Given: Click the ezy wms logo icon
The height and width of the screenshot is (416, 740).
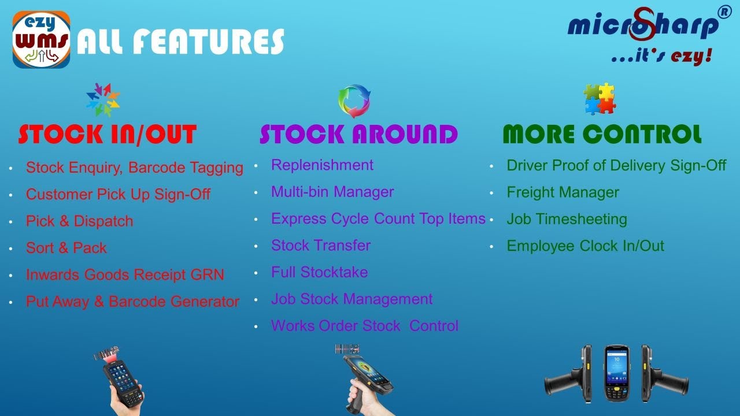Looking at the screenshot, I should tap(42, 40).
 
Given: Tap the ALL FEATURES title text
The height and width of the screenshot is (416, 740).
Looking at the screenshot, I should tap(180, 42).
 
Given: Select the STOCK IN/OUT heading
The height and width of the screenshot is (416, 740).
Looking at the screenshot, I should tap(108, 135).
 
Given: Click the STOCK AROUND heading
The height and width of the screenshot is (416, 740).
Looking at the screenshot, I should tap(358, 135).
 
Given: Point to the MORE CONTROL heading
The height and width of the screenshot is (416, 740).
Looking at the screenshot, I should tap(602, 135).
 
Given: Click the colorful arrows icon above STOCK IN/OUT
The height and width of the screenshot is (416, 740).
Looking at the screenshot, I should tap(103, 99).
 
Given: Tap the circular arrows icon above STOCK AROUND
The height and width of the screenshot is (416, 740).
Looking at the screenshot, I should tap(354, 101).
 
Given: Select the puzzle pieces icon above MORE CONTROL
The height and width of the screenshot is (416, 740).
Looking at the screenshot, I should tap(599, 99).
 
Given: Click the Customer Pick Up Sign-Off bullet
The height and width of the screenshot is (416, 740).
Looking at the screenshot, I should tap(118, 195).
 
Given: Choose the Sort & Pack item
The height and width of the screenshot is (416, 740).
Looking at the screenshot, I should tap(66, 248).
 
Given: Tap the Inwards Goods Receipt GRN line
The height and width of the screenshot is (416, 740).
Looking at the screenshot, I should tap(125, 274).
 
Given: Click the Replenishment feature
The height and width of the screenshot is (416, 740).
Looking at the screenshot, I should tap(322, 165).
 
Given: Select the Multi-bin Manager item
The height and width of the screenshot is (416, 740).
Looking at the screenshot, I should tap(332, 192).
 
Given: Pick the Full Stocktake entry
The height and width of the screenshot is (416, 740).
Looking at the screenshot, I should tap(319, 272).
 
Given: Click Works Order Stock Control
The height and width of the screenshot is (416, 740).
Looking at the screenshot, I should tap(364, 326).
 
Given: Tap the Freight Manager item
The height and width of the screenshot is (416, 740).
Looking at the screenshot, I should tap(563, 192).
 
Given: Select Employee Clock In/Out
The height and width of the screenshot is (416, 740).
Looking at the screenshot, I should tap(585, 246).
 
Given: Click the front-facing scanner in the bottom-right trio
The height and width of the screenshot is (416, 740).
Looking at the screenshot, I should tap(616, 373).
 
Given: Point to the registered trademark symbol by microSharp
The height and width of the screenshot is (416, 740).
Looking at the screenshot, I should tap(724, 12).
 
